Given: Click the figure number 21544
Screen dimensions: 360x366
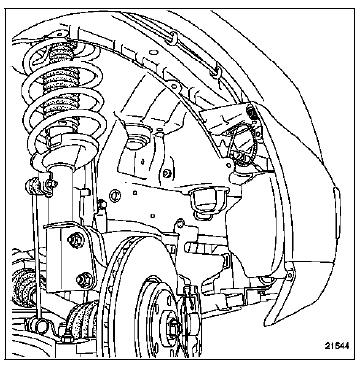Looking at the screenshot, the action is [x=336, y=346].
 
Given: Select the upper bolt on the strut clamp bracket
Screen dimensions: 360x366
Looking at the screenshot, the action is [x=75, y=240].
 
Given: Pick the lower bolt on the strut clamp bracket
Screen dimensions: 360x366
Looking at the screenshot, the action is [x=84, y=280].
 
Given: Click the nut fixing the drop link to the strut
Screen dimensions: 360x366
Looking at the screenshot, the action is [x=52, y=183].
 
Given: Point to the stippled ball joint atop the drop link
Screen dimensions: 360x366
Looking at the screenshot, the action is [x=34, y=186].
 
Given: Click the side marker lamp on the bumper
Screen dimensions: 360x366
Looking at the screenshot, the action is [x=336, y=211].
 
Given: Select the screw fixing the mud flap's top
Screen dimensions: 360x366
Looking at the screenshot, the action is [x=290, y=275].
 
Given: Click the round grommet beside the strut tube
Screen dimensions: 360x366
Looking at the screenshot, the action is [x=115, y=196].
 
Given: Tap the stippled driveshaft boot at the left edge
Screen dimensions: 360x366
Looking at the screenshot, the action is [x=24, y=285].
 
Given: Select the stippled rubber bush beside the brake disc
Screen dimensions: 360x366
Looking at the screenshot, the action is [x=82, y=319].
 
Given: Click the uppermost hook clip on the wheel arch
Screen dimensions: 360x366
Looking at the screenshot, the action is [x=172, y=38].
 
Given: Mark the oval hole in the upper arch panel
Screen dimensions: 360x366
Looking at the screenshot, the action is [x=153, y=52].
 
